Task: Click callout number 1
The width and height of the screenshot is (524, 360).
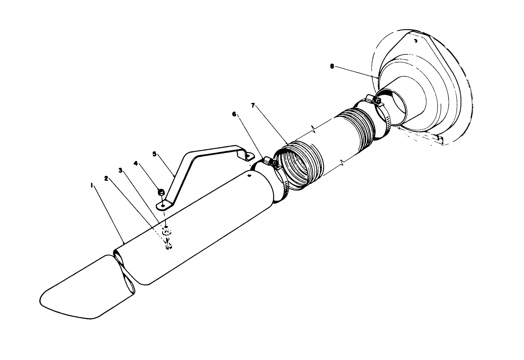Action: pyautogui.click(x=92, y=186)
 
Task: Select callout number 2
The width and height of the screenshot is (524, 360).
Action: pyautogui.click(x=106, y=178)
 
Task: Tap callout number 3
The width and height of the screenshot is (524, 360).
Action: pyautogui.click(x=121, y=170)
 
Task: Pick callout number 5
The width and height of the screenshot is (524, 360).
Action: pyautogui.click(x=154, y=154)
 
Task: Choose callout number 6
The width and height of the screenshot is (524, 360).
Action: pyautogui.click(x=234, y=114)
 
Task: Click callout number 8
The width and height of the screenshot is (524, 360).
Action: pyautogui.click(x=332, y=66)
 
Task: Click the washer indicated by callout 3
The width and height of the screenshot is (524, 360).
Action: pyautogui.click(x=167, y=233)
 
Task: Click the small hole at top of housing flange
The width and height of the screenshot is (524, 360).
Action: pyautogui.click(x=416, y=40)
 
